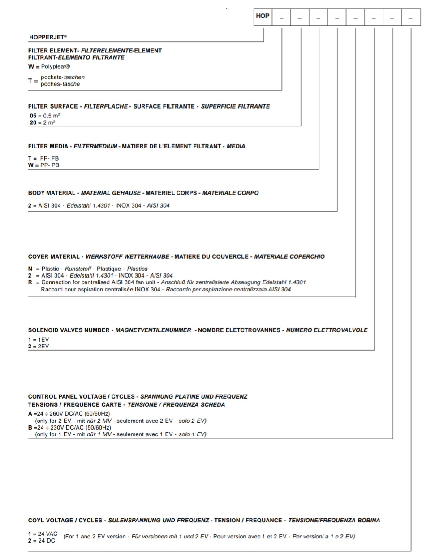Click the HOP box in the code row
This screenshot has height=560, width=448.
(x=263, y=16)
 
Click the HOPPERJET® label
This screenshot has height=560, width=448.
(x=48, y=37)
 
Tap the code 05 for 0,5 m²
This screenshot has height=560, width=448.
(x=33, y=116)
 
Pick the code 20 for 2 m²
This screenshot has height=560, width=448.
(x=33, y=122)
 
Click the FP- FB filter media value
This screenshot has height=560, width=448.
(x=49, y=158)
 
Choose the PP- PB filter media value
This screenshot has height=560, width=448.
(x=50, y=165)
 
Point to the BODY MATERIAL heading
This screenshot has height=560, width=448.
(x=52, y=193)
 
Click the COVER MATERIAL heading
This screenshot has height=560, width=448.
(x=53, y=256)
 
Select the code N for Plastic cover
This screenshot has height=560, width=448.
(x=30, y=269)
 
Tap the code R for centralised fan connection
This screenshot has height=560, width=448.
(x=30, y=282)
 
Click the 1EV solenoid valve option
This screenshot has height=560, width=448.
(x=43, y=340)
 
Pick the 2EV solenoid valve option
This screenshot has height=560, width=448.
(x=43, y=347)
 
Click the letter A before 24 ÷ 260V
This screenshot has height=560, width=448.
(x=30, y=414)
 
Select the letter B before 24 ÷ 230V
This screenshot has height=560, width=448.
(x=30, y=427)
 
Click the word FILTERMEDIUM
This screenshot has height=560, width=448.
(x=95, y=146)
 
